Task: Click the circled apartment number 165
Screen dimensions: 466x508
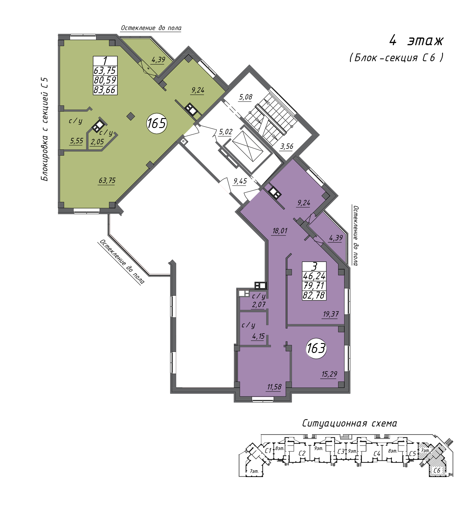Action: pyautogui.click(x=157, y=123)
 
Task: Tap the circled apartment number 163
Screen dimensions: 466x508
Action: pyautogui.click(x=316, y=348)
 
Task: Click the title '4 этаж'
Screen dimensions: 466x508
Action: pyautogui.click(x=417, y=41)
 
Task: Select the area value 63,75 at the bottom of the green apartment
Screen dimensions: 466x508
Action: pyautogui.click(x=107, y=180)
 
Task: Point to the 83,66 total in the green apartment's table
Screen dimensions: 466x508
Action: pyautogui.click(x=105, y=90)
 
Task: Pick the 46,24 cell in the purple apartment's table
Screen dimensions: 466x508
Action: pyautogui.click(x=314, y=276)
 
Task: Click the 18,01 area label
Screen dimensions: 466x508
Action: pyautogui.click(x=280, y=231)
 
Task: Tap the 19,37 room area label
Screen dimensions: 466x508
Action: pyautogui.click(x=331, y=314)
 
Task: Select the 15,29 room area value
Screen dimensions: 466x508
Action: pyautogui.click(x=329, y=374)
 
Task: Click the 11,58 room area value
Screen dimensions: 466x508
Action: pyautogui.click(x=274, y=387)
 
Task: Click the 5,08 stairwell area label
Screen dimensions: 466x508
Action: pyautogui.click(x=245, y=97)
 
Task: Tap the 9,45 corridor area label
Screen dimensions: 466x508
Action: pyautogui.click(x=240, y=181)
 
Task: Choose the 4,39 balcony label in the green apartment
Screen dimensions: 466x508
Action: pyautogui.click(x=158, y=59)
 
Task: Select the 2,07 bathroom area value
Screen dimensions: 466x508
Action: pyautogui.click(x=258, y=304)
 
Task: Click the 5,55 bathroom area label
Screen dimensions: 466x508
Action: pyautogui.click(x=76, y=141)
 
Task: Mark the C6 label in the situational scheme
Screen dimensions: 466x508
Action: pyautogui.click(x=437, y=470)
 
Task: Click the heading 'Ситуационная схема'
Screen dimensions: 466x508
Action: pyautogui.click(x=349, y=423)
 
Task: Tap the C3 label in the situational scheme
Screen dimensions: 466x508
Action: pyautogui.click(x=341, y=451)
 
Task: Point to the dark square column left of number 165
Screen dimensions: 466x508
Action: pyautogui.click(x=131, y=116)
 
